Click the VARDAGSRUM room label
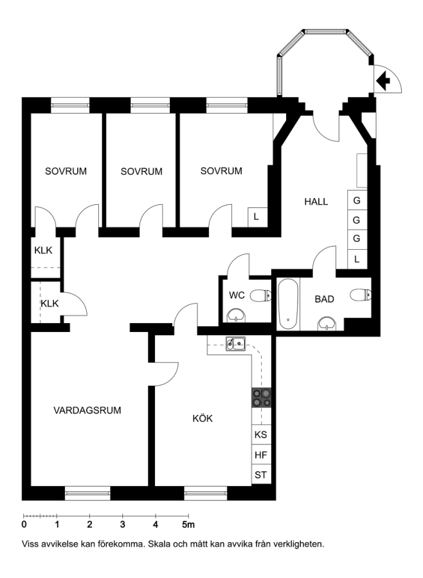tap(87, 410)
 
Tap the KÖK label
tap(203, 418)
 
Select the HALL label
tap(316, 202)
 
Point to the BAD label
tap(325, 299)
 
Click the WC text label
tap(237, 295)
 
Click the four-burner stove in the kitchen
tap(262, 398)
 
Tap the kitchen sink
tap(235, 344)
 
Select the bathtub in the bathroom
tap(288, 304)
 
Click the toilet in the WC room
tap(261, 295)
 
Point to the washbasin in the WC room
tap(236, 316)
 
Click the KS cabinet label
tap(260, 435)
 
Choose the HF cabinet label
tap(260, 455)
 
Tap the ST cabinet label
tap(260, 475)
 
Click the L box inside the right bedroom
tap(256, 217)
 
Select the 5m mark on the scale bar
tap(188, 524)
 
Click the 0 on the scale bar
tap(24, 524)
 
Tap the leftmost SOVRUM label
tap(66, 171)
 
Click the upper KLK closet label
tap(43, 250)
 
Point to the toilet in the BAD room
tap(361, 295)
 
